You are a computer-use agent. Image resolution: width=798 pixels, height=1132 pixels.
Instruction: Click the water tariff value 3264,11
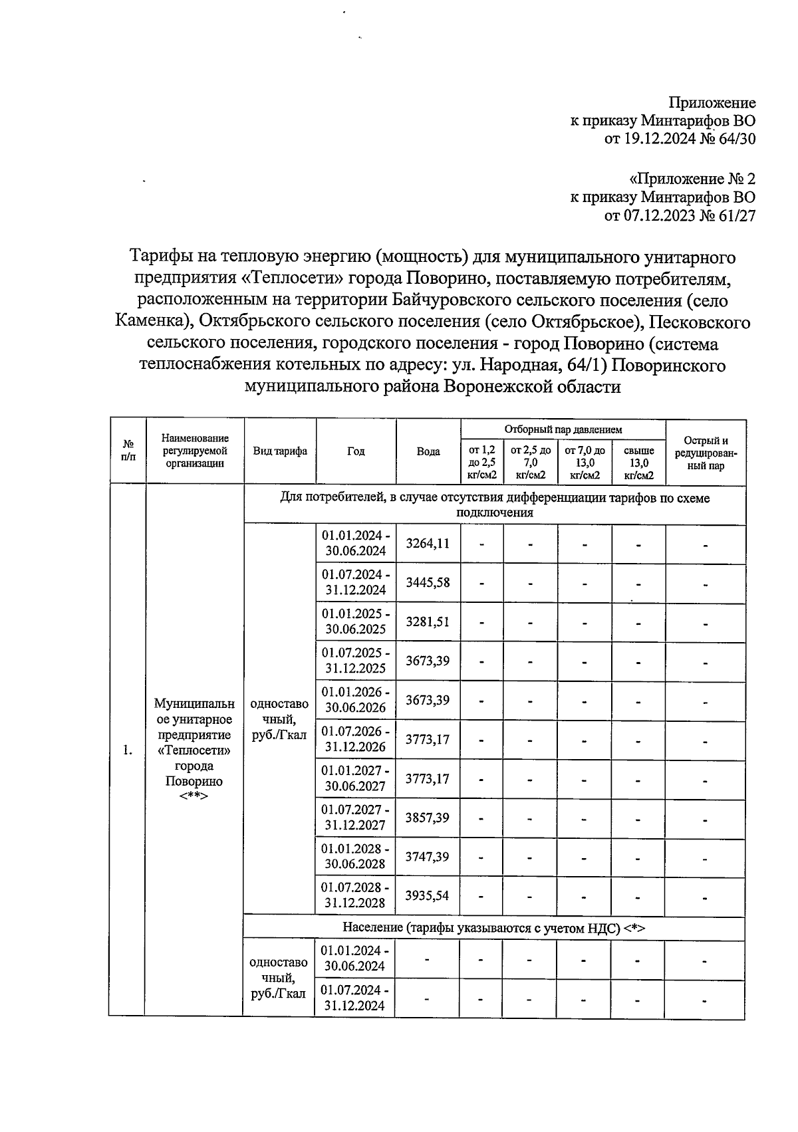click(428, 544)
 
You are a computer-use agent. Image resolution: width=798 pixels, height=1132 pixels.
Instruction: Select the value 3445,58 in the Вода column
click(428, 583)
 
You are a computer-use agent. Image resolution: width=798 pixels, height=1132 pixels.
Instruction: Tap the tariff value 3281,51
click(428, 622)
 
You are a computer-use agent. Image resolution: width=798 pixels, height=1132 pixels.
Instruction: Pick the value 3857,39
click(428, 818)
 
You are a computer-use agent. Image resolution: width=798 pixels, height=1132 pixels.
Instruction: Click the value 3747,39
click(428, 857)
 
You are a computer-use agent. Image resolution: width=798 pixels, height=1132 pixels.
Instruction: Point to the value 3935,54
click(428, 896)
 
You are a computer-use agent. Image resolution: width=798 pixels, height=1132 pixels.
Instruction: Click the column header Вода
click(428, 452)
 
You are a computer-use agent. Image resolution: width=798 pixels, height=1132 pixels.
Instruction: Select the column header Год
click(356, 452)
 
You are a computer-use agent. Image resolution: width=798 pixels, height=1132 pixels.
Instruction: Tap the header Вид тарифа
click(280, 451)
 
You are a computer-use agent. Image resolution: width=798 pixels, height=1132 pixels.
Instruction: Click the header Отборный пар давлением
click(563, 430)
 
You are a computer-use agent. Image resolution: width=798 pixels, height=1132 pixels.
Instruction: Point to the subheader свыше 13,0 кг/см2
click(638, 463)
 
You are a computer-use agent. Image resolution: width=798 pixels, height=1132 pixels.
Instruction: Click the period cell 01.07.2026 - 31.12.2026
click(356, 739)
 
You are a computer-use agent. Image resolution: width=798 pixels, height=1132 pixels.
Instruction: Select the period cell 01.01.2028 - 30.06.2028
click(356, 857)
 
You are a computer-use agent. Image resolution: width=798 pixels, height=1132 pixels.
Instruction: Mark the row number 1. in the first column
click(127, 750)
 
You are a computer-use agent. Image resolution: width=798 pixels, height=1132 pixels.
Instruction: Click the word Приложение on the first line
click(712, 103)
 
